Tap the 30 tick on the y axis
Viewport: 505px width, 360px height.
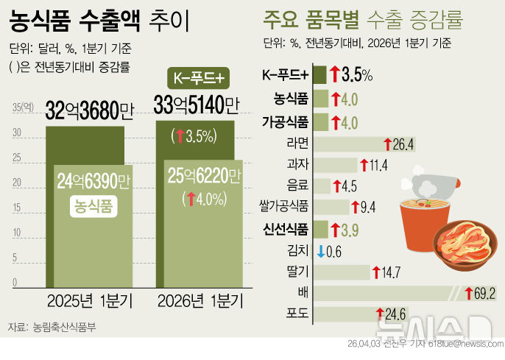(27, 134)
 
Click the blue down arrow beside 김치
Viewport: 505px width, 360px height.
(320, 251)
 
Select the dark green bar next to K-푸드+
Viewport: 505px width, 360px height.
(320, 74)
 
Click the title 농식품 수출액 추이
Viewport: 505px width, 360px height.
(100, 21)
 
